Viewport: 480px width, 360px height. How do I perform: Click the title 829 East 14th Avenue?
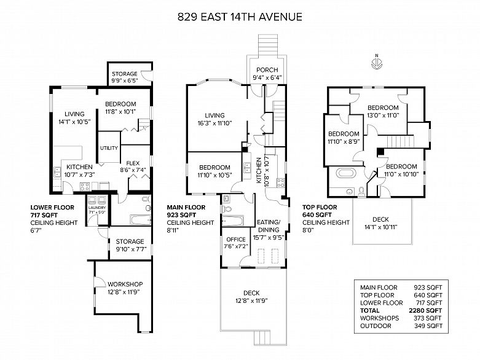tap(240, 17)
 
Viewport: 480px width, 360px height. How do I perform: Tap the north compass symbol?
tap(376, 62)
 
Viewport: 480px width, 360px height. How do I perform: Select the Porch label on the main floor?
tap(267, 70)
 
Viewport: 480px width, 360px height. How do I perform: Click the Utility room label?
tap(109, 148)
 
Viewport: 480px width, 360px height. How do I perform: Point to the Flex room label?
tap(133, 163)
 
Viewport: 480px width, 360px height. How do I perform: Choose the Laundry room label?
tap(96, 208)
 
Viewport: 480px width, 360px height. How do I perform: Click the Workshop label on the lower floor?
tap(125, 284)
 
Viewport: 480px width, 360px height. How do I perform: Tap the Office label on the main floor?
tap(236, 239)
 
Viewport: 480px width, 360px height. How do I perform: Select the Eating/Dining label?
tap(269, 225)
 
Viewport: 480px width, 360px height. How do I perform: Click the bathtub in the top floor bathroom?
tap(346, 173)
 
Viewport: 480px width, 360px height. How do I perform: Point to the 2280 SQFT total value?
tap(425, 310)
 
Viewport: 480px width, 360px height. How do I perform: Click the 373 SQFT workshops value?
tap(428, 318)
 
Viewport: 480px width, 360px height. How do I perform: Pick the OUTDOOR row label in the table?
tap(376, 326)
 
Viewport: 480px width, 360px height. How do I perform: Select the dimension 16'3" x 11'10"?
tap(214, 123)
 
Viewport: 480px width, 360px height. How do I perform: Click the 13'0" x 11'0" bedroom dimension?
tap(383, 115)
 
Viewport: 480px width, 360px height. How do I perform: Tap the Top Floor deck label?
tap(380, 219)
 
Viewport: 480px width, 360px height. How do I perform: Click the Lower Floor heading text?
tap(52, 208)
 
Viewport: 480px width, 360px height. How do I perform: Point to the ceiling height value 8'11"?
tap(173, 230)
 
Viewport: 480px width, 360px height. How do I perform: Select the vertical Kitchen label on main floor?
tap(259, 170)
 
